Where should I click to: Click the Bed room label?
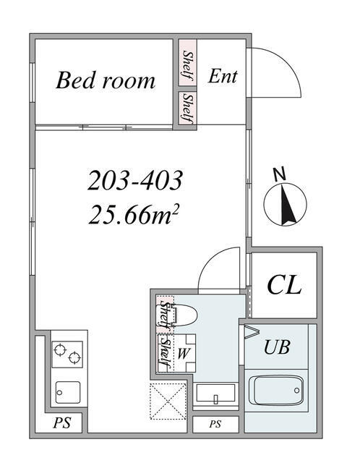[106, 80]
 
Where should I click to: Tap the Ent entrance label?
[222, 76]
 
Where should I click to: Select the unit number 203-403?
[135, 180]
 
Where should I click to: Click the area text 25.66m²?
[132, 214]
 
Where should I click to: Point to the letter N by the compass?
[280, 174]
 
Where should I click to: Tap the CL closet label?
[284, 285]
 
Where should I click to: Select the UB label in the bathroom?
[277, 347]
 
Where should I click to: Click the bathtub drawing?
[276, 391]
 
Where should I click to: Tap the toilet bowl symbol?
[185, 315]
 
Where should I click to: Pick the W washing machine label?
[183, 353]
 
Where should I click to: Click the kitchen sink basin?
[68, 392]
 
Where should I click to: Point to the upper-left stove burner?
[60, 349]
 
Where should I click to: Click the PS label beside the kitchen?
[62, 422]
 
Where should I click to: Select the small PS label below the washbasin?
[215, 425]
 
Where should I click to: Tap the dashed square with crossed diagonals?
[168, 401]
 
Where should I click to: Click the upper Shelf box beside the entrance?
[188, 63]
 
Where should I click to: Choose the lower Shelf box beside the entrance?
[188, 108]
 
